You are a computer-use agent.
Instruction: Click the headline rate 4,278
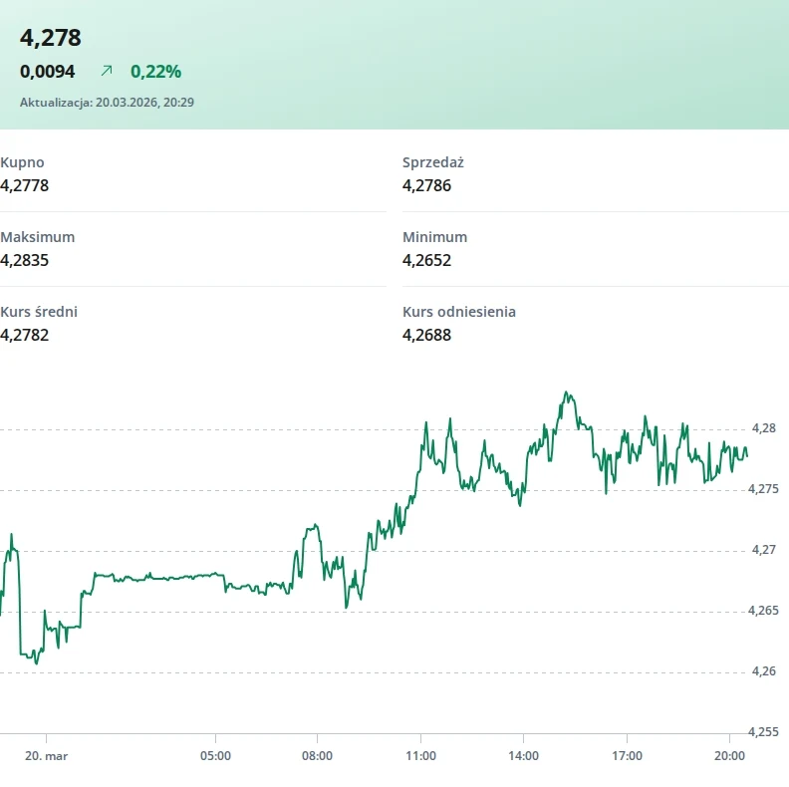51,38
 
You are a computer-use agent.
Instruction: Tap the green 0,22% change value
155,71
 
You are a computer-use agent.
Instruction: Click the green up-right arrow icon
107,71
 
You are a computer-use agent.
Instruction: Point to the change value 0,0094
47,71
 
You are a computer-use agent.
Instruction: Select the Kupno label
22,162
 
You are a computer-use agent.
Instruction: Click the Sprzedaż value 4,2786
426,185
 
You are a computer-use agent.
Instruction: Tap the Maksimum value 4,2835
25,260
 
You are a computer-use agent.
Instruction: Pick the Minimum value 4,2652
426,260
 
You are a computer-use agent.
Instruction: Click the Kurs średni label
39,312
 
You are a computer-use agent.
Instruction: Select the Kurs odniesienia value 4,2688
426,335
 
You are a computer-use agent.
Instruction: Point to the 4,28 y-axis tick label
763,427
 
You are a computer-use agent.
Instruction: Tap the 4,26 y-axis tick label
763,670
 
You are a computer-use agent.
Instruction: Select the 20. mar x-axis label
47,756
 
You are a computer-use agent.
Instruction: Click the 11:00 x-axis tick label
421,756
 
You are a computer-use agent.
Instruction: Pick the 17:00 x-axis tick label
627,756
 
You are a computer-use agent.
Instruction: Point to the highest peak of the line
566,393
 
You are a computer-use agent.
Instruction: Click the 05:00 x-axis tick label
215,756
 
